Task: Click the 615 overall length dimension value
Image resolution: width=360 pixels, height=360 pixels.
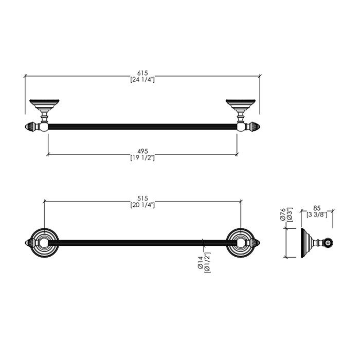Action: (x=142, y=73)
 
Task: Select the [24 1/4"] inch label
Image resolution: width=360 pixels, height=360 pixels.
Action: (x=142, y=80)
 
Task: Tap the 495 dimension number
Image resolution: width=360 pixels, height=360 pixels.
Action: (x=142, y=151)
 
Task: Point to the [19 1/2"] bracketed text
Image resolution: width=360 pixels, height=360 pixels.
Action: (x=142, y=158)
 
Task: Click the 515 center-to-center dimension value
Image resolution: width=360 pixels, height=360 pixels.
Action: (x=142, y=199)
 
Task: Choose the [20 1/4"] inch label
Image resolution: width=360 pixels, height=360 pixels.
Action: (x=142, y=205)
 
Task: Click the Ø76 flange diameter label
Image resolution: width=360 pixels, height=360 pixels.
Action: (x=283, y=214)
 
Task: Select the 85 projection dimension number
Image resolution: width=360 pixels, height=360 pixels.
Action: (x=317, y=208)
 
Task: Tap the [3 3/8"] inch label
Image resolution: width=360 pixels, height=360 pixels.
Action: (x=317, y=214)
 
